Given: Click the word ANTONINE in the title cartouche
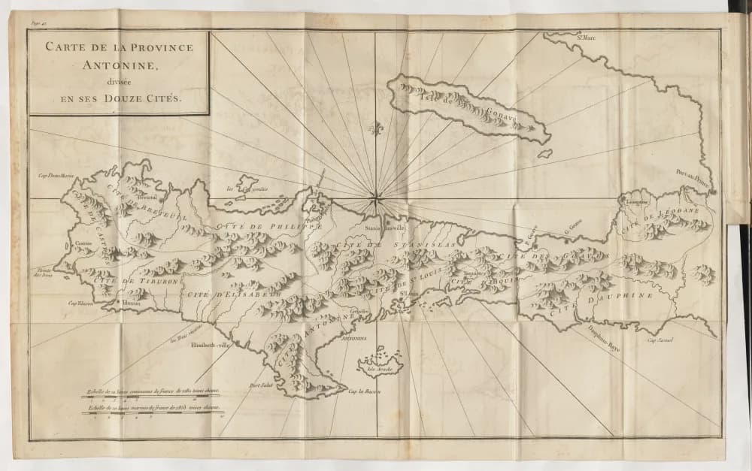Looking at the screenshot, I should (x=120, y=65).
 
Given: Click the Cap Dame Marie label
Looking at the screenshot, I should (x=58, y=176).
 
